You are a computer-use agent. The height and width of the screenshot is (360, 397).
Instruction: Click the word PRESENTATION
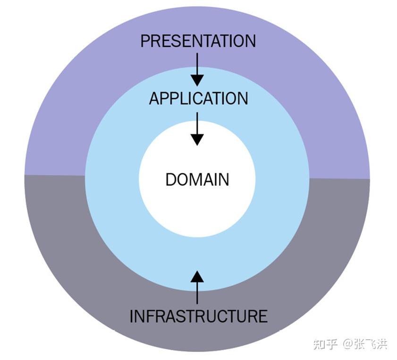[x=198, y=41]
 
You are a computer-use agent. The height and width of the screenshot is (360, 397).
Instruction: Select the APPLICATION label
[x=198, y=98]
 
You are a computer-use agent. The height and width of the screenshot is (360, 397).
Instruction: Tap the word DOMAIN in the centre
[x=197, y=180]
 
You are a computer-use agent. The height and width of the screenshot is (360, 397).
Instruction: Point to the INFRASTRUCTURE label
[x=198, y=316]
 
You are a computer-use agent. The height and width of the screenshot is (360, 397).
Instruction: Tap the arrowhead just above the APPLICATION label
[x=197, y=80]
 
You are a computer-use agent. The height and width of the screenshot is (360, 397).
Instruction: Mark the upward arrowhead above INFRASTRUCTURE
[x=197, y=276]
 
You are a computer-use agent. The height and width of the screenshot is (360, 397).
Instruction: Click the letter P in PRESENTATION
[x=145, y=41]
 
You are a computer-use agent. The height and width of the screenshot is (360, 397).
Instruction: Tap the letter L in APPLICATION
[x=181, y=98]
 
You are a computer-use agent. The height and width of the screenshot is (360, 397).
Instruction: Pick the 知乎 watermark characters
[x=325, y=343]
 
